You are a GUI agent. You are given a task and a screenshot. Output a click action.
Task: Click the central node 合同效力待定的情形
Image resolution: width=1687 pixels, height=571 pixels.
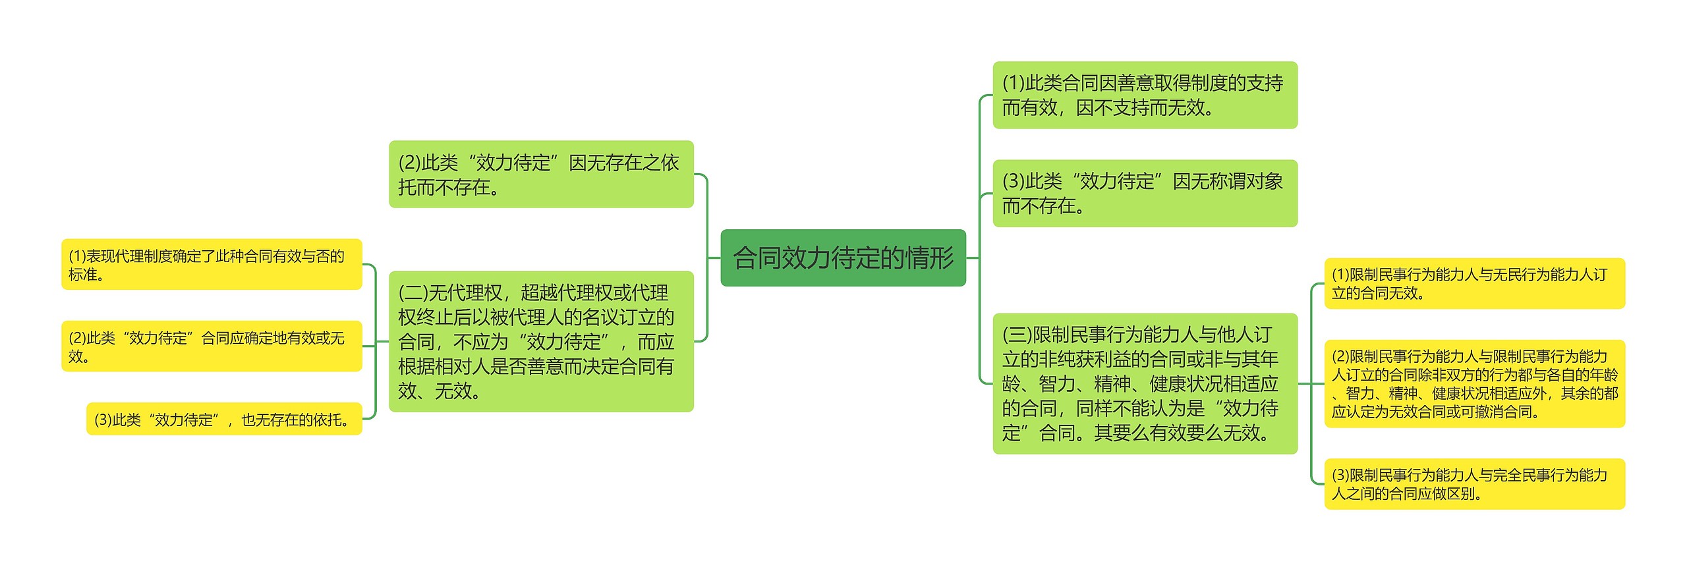843,258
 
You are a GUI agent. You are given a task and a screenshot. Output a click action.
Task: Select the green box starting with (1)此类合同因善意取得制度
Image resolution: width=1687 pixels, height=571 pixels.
1145,95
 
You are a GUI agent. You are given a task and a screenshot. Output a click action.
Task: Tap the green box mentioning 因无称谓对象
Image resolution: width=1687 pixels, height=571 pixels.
1145,193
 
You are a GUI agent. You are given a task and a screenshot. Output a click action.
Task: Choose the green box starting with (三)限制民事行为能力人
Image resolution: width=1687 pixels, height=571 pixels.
1145,383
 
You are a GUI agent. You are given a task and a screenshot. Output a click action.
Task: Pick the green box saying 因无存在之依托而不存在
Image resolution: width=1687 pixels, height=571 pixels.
540,174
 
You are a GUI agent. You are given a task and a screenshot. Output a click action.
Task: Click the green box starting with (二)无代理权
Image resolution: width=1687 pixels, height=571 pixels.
540,341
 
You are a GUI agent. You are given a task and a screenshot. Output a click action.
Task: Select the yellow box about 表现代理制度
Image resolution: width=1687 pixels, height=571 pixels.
211,264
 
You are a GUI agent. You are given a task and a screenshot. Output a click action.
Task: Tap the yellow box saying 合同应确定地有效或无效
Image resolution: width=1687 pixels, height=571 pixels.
211,346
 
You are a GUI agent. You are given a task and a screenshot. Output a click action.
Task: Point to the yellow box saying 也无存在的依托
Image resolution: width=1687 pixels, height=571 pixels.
224,419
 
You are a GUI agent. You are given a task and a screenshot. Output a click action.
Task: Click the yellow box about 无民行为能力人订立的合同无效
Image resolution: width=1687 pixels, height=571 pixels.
1474,283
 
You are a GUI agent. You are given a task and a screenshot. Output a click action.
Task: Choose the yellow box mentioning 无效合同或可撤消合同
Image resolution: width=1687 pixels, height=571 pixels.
1474,383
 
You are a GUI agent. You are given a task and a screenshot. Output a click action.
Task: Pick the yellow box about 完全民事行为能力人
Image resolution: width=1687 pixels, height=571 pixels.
1474,483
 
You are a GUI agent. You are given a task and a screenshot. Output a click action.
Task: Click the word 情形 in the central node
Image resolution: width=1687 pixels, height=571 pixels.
930,258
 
